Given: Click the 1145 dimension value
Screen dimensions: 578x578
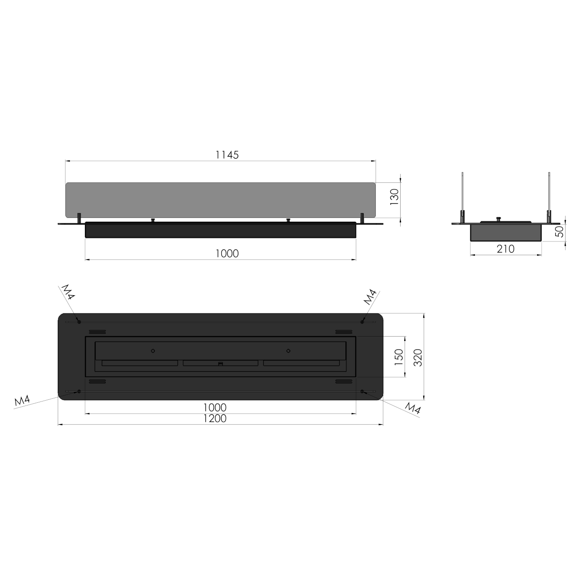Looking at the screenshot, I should (227, 155).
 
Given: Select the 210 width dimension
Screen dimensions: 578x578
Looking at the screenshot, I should (506, 249).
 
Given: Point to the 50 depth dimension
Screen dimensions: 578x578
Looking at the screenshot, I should (559, 231).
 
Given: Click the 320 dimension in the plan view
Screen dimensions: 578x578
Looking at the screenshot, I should (417, 357).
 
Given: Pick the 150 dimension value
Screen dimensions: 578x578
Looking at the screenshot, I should (398, 357).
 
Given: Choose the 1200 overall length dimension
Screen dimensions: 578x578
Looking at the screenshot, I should (215, 418).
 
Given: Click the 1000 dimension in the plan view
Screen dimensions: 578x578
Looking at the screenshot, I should (215, 408).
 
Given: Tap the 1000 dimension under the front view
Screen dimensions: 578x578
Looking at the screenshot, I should (227, 253).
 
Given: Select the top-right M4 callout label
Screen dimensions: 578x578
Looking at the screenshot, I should (370, 297).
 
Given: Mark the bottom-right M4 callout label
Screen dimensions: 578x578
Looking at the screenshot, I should (413, 408).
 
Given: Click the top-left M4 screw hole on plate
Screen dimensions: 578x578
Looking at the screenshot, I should (79, 321).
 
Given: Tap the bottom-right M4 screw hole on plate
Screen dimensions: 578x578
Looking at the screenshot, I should (363, 391).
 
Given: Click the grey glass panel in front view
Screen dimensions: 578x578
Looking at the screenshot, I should (221, 200).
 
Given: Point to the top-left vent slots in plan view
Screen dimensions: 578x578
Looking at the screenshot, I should (98, 332).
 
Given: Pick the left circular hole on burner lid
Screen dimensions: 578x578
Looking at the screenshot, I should (153, 351).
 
